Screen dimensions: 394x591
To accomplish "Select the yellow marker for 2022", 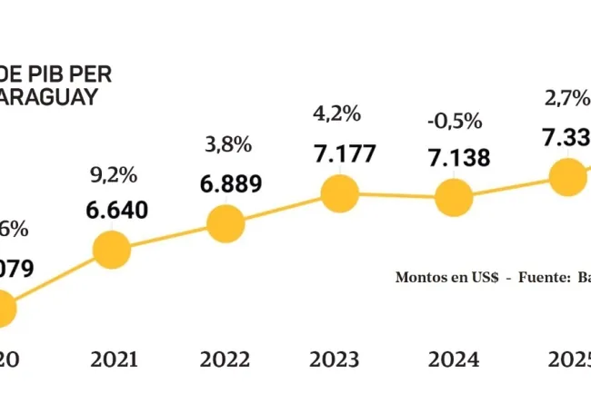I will [x=225, y=222].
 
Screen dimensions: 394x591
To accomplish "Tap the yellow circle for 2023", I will [x=340, y=192].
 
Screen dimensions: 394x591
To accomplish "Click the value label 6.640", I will [x=117, y=210].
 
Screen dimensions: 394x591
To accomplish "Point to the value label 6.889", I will [x=231, y=183].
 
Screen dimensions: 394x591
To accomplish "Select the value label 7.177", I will [x=346, y=153].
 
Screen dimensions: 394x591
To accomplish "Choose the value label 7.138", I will [x=458, y=158].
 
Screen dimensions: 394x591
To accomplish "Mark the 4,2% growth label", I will [x=338, y=114].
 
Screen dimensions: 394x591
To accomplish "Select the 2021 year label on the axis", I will [x=115, y=359].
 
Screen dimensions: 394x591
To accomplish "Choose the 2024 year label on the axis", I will [x=453, y=359].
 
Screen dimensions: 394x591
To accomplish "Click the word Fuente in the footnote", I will [x=542, y=277].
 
